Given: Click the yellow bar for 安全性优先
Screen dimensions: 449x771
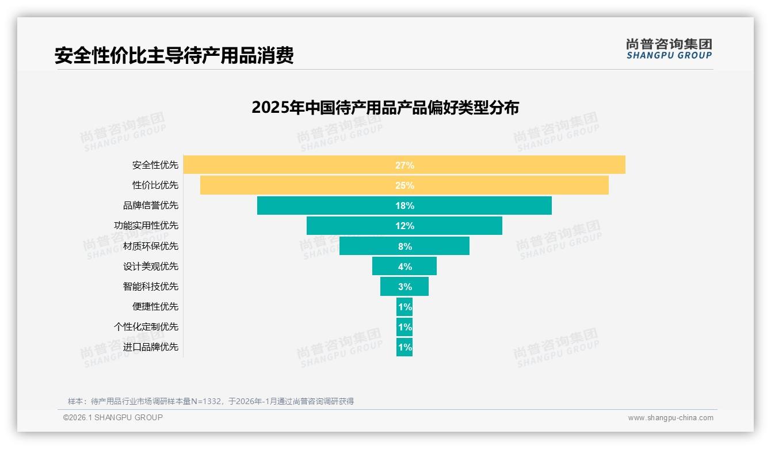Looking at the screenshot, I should coord(288,165).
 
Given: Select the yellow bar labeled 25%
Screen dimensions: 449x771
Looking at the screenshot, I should coord(288,185).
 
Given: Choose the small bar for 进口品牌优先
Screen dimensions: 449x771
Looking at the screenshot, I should coord(404,347).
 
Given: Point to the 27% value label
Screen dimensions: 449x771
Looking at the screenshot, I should coord(404,165).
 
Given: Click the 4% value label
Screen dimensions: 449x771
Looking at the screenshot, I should coord(404,267).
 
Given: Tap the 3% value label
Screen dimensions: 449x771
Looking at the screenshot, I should coord(404,287).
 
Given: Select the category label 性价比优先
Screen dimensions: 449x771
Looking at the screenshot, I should coord(155,185).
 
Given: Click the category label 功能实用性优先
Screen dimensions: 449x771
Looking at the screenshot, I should coord(146,226).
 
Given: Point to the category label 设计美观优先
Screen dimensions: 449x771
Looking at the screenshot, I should coord(151,267).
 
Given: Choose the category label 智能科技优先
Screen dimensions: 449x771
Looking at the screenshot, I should coord(151,287).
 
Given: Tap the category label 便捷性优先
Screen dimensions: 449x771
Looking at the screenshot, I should coord(155,307).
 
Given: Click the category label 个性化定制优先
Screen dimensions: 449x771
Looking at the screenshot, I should coord(146,327).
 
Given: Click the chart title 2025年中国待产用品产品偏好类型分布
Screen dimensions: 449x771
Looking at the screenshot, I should coord(385,108).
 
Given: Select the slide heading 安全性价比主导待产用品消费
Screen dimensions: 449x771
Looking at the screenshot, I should coord(174,55).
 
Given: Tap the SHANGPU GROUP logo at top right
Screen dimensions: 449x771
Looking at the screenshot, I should coord(669,49).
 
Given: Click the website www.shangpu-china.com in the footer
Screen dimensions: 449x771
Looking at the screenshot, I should coord(670,418).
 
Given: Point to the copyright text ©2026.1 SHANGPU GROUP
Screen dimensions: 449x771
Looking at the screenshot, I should coord(113,417).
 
